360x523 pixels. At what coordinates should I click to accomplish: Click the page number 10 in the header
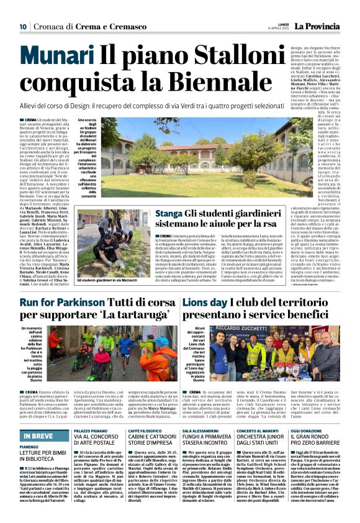23,26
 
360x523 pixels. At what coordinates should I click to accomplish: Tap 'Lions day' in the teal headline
191,302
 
